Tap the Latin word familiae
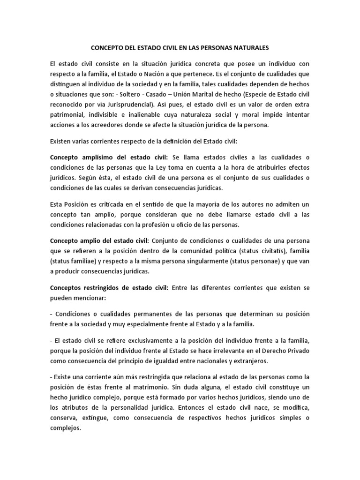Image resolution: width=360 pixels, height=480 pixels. click(91, 261)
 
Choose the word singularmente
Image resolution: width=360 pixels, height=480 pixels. click(202, 261)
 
